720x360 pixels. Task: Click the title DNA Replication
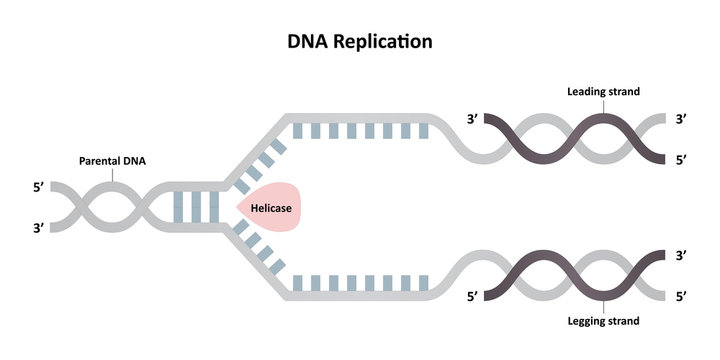[x=360, y=42]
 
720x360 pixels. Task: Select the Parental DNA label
[x=111, y=159]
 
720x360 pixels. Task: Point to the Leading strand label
[x=603, y=91]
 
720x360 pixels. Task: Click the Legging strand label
[x=603, y=321]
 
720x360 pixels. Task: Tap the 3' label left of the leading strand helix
[x=473, y=119]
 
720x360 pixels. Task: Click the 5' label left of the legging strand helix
[x=473, y=296]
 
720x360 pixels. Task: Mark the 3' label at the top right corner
[x=681, y=119]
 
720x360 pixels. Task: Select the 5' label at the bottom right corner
[x=681, y=296]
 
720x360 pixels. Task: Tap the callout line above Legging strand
[x=603, y=306]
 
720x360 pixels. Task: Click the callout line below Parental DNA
[x=111, y=174]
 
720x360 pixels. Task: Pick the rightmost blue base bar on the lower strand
[x=425, y=283]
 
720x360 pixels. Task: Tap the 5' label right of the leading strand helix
[x=681, y=157]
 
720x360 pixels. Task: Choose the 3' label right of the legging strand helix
[x=681, y=256]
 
